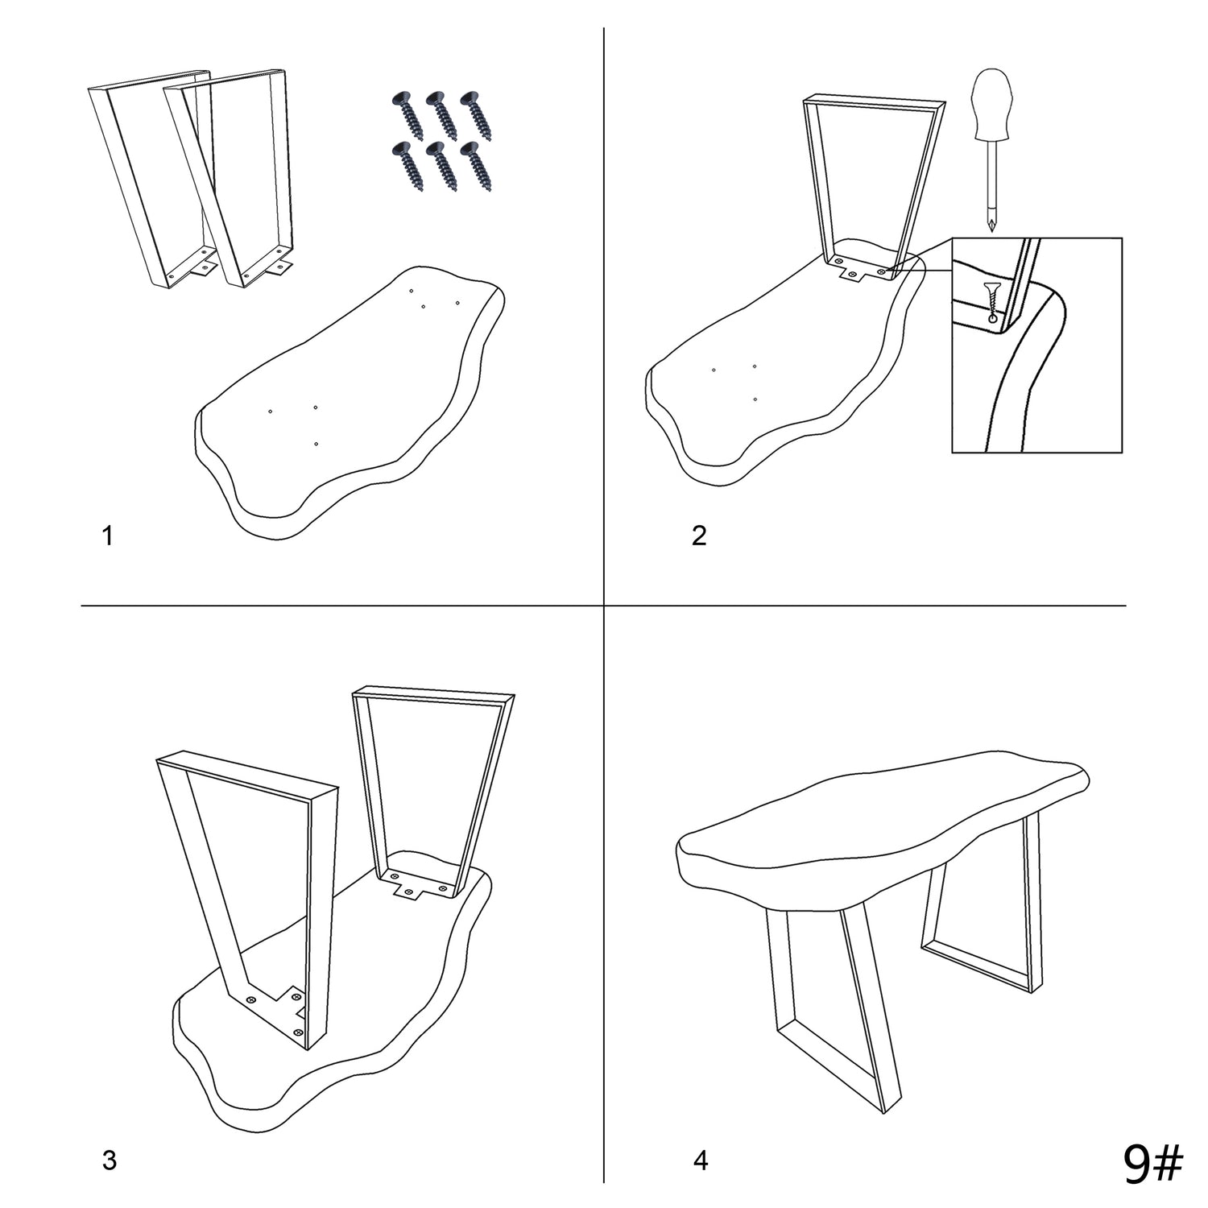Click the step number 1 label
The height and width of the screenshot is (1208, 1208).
pyautogui.click(x=108, y=536)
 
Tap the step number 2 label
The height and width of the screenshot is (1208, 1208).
pyautogui.click(x=699, y=536)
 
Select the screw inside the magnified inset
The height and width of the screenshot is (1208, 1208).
pyautogui.click(x=992, y=298)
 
